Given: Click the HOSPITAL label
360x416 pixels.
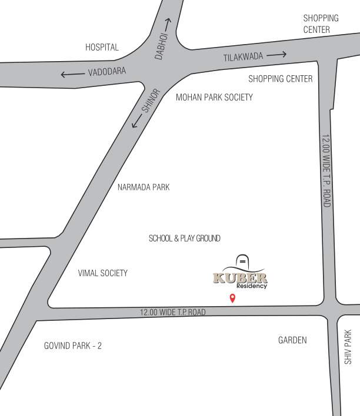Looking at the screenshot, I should click(102, 47).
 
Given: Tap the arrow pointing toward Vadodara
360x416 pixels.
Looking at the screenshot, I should click(72, 74).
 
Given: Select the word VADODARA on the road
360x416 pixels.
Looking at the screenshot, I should click(107, 72).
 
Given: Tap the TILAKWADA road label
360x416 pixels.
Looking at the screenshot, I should click(242, 57).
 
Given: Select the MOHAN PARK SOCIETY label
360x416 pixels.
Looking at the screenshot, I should click(214, 97).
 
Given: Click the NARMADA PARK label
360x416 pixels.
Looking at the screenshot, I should click(144, 187).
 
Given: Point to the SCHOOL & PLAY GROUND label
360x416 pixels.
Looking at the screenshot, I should click(185, 238).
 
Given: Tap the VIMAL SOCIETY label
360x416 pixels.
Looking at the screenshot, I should click(103, 273).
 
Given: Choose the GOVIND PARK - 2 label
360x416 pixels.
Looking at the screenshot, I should click(73, 345).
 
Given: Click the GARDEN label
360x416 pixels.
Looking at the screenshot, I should click(292, 340).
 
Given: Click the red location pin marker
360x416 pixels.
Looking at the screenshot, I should click(232, 298).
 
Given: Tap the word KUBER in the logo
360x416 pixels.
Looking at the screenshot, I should click(240, 278).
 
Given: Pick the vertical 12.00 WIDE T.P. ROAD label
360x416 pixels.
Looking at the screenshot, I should click(326, 170).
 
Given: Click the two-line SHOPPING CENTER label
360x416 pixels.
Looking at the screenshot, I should click(321, 24).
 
